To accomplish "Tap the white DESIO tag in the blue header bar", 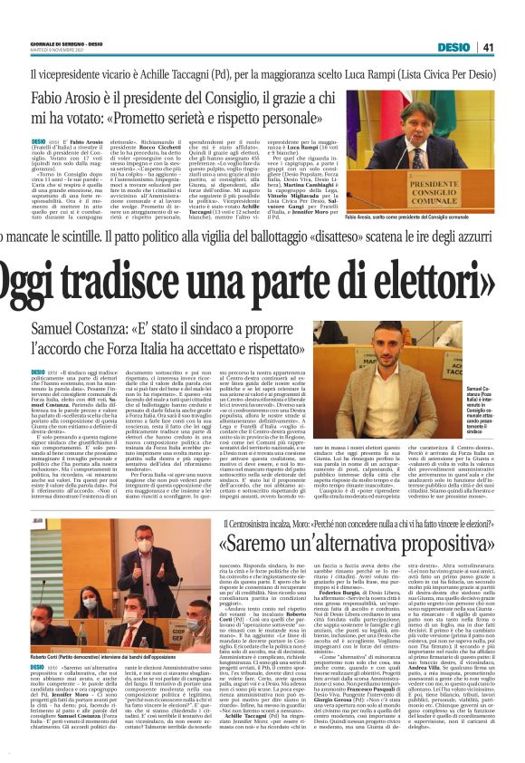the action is tap(453, 46).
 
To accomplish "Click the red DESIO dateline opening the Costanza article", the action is tap(38, 372).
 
